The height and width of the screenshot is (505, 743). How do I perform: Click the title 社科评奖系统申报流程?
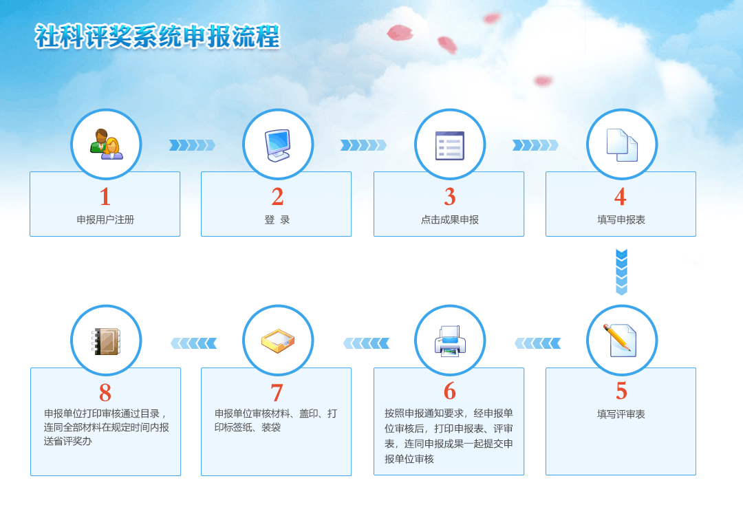[x=158, y=36]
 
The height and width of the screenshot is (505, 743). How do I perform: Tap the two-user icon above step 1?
[x=106, y=144]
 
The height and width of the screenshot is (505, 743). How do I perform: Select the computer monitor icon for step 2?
[x=278, y=145]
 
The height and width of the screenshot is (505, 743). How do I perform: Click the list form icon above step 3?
[x=450, y=145]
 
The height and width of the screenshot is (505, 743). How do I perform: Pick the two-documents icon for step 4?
[x=622, y=145]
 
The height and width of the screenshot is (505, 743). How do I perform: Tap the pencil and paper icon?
[x=620, y=340]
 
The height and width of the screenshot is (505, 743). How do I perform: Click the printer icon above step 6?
[x=450, y=341]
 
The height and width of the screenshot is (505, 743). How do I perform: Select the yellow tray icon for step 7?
[x=278, y=341]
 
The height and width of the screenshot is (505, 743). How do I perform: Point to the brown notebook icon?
[x=106, y=341]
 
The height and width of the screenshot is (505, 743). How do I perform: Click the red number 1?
[x=105, y=197]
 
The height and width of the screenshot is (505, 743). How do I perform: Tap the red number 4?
[x=621, y=197]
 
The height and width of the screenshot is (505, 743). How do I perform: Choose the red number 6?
[x=450, y=391]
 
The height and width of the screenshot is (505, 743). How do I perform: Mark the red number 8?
[x=105, y=392]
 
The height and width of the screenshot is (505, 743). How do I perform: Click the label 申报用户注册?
[x=105, y=219]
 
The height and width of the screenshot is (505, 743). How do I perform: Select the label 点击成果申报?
[x=450, y=219]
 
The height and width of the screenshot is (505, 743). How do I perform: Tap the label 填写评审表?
[x=621, y=414]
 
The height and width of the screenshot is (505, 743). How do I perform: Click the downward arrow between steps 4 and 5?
[x=621, y=272]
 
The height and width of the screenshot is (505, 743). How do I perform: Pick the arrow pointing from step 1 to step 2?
[x=192, y=145]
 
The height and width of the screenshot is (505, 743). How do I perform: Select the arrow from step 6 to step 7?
[x=366, y=343]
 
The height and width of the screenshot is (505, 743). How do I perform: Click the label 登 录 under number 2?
[x=277, y=219]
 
